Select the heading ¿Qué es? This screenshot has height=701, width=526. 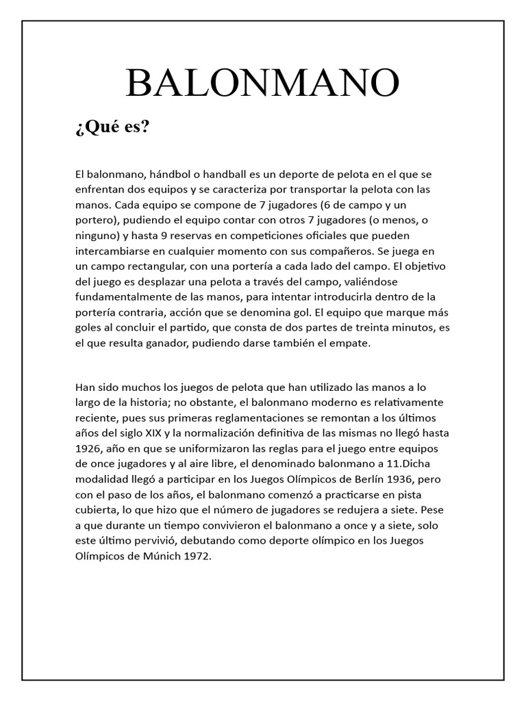click(112, 128)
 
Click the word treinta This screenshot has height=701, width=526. click(373, 328)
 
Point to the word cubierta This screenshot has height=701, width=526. click(97, 510)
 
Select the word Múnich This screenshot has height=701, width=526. click(161, 557)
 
